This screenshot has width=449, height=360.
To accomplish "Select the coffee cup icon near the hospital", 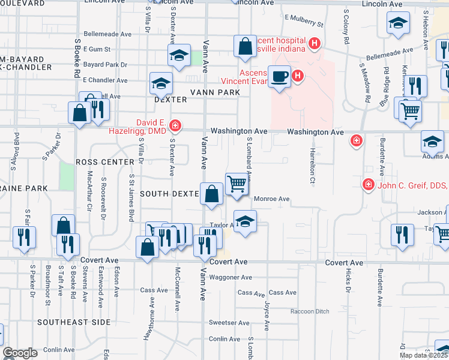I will point(279,77).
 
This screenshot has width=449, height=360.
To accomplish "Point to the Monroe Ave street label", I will point(272,199).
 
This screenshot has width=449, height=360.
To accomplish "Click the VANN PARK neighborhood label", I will point(215,92).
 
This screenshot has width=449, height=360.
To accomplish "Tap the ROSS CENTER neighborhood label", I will point(105,162).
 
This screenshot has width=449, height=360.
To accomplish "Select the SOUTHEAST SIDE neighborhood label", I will point(74,322).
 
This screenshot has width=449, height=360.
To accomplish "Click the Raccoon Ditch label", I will point(310,311).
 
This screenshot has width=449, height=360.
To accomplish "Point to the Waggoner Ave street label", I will point(230,277).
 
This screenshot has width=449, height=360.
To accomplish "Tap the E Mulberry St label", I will point(304,21).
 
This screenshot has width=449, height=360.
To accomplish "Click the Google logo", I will point(20,353).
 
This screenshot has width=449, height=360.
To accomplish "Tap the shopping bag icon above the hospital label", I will point(245,47).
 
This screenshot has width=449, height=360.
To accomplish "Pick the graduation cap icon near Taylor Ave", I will point(244,222).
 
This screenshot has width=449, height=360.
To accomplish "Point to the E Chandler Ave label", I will point(105,80).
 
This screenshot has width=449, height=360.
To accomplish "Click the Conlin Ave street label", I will point(59,349).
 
